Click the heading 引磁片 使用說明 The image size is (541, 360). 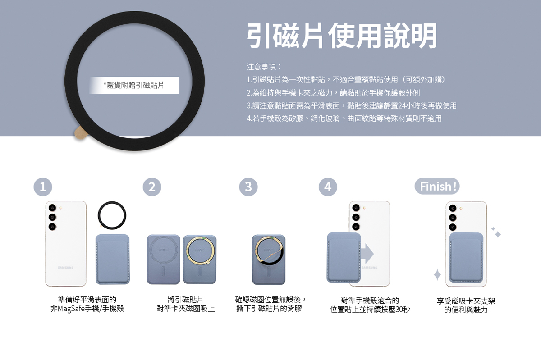pos(342,36)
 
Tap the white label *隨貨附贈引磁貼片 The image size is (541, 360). pos(134,86)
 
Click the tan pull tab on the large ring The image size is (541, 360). pos(80,133)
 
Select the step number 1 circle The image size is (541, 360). pos(43,187)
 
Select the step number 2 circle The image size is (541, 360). pos(152,187)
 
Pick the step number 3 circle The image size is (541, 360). pos(248,187)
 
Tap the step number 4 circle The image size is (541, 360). pos(328,187)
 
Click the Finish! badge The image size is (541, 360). pos(437,186)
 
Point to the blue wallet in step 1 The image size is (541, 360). pos(113,259)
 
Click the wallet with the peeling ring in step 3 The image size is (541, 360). pos(269,260)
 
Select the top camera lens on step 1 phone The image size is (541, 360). pos(52,208)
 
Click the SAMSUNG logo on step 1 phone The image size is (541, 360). pos(65,268)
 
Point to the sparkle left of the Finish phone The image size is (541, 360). pos(437,274)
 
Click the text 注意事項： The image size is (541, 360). pos(264,67)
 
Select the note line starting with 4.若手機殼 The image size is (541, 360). pos(344,118)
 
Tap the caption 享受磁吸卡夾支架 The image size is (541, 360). pos(466,301)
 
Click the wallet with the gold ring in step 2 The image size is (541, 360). pos(200,260)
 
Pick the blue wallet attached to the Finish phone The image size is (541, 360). pos(466,257)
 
